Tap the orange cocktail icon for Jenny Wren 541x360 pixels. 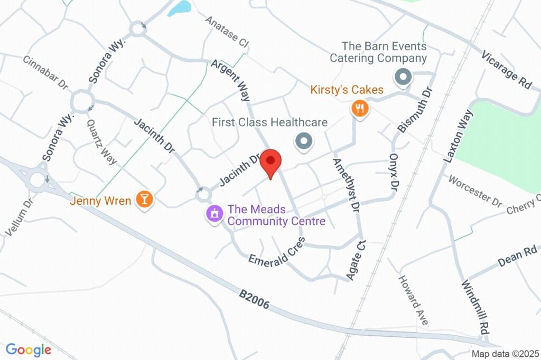point(144,199)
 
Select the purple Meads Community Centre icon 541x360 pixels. point(214,214)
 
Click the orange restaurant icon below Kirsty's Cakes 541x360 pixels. point(360,109)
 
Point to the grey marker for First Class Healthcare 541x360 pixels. point(304,141)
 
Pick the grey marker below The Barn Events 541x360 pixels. point(403,78)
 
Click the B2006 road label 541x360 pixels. point(254,298)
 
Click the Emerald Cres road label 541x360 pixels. point(277,252)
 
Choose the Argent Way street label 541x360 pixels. point(230,81)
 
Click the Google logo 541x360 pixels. point(29,349)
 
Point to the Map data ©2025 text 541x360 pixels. point(505,354)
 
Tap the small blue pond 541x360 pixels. point(180,7)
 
